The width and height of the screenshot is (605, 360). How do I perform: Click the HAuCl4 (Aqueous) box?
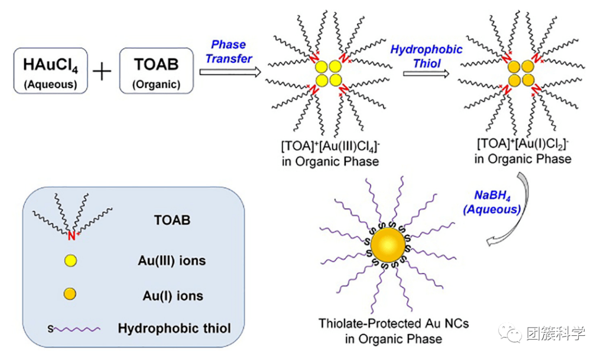(x=50, y=70)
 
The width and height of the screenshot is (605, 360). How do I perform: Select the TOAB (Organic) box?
(x=156, y=70)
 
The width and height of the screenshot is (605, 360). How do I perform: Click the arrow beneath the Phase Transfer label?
(x=230, y=71)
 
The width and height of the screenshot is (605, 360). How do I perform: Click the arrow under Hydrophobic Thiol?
(x=426, y=73)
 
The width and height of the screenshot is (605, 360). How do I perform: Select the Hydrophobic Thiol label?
(x=427, y=56)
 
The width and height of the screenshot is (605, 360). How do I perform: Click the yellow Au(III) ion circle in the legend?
(x=71, y=260)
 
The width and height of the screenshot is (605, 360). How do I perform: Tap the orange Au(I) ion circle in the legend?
(x=71, y=294)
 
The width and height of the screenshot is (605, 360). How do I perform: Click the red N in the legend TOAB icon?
(x=71, y=236)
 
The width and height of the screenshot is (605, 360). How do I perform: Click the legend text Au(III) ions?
(x=171, y=261)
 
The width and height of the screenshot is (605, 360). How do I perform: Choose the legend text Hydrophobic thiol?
(x=174, y=329)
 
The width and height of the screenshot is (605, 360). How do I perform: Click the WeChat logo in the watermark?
(x=514, y=333)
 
